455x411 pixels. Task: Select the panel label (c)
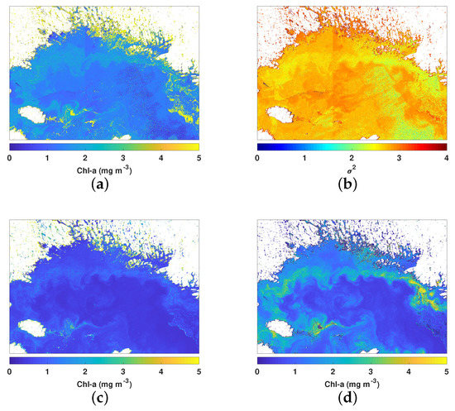pos(103,399)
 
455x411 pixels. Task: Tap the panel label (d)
pos(351,399)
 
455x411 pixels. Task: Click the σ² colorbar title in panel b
pos(351,171)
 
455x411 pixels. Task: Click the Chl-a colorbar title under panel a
pos(103,171)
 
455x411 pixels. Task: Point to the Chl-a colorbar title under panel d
pos(351,385)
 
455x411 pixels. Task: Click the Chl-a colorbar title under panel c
pos(103,385)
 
